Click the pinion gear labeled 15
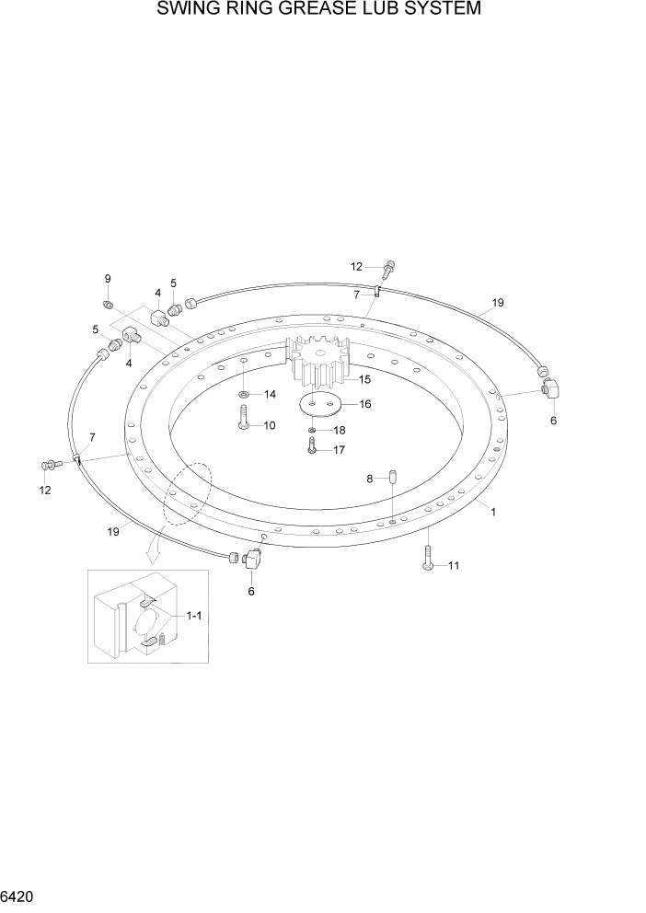[x=318, y=363]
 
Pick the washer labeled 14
[x=242, y=395]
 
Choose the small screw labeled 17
[x=313, y=446]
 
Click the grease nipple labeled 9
[x=109, y=304]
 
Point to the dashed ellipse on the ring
[x=188, y=495]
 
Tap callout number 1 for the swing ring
[x=493, y=512]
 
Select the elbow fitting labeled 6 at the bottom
[x=253, y=559]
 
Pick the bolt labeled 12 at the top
[x=388, y=268]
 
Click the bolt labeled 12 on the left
[x=53, y=464]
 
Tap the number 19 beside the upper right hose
[x=498, y=303]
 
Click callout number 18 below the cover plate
[x=340, y=430]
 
